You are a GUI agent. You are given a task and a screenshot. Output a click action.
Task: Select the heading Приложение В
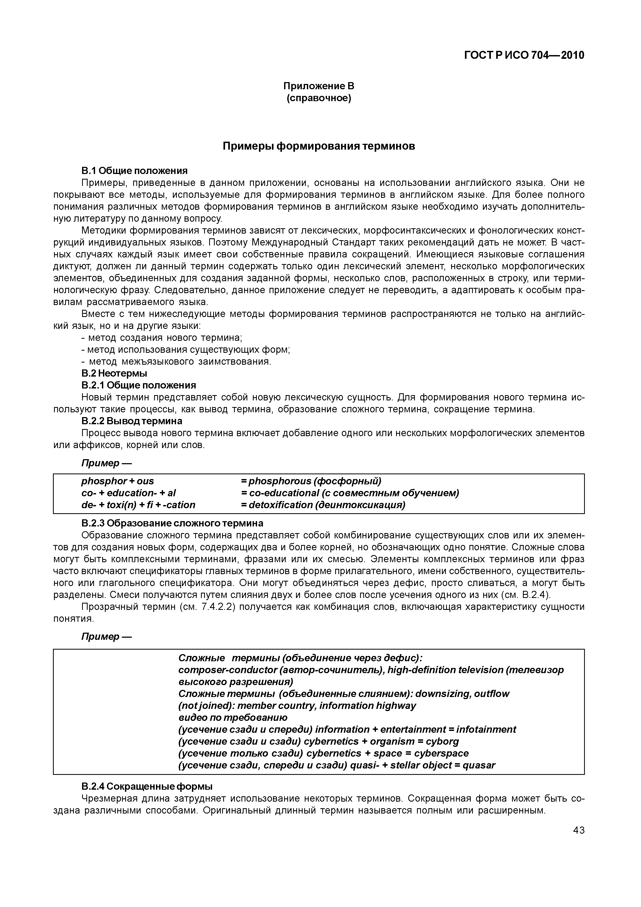(x=319, y=86)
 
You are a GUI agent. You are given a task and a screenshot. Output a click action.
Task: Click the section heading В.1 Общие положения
(x=134, y=171)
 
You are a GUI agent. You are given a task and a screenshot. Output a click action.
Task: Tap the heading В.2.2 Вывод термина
(x=132, y=421)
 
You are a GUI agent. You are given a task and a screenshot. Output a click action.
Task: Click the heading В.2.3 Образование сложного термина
(x=172, y=523)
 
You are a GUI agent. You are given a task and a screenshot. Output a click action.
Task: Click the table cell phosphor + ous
(x=118, y=481)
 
